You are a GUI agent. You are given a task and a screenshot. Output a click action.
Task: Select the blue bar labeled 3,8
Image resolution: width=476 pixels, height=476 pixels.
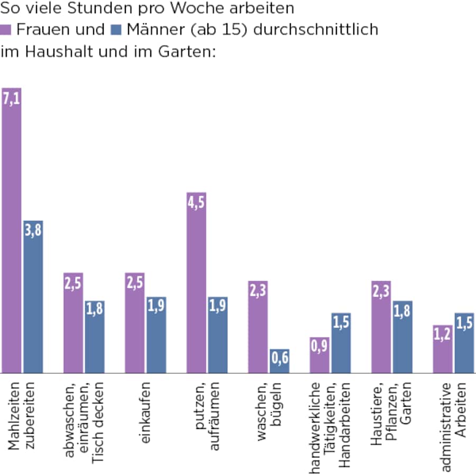tap(33, 296)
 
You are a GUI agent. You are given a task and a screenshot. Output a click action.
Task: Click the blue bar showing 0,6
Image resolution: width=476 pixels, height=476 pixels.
tap(279, 361)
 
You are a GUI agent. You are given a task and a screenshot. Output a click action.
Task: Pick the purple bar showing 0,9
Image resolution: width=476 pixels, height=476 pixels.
tap(319, 355)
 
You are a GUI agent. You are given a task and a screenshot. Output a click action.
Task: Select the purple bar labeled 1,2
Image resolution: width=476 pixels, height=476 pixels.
tap(443, 349)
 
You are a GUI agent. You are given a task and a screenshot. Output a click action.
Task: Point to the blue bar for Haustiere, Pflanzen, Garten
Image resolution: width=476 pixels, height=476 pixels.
tap(402, 337)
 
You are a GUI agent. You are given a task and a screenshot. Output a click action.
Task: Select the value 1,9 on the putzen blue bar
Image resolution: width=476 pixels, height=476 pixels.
tap(217, 306)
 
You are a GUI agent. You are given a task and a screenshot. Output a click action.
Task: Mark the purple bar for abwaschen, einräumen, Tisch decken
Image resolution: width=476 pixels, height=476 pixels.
tap(73, 323)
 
